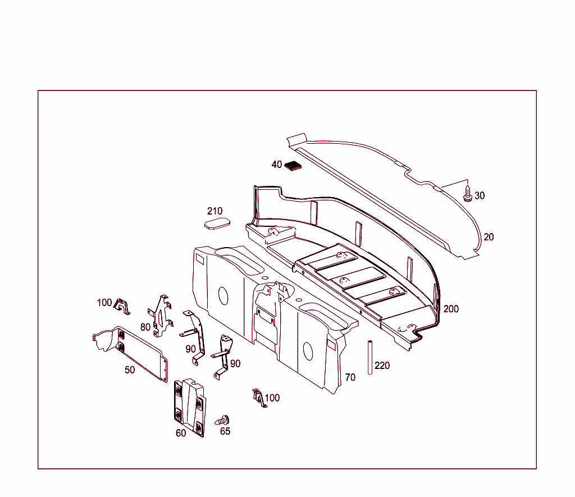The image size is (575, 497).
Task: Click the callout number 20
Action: point(489,237)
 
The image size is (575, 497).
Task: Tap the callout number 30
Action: point(479,196)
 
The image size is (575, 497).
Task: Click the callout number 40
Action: point(276,165)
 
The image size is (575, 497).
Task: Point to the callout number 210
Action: point(215,211)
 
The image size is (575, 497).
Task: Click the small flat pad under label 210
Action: point(217,224)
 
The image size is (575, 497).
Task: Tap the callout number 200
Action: point(451,309)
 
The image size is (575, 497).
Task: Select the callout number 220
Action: point(382,366)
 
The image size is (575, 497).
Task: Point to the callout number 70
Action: point(350,377)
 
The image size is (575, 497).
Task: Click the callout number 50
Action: point(130,370)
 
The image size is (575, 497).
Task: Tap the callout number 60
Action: point(181,433)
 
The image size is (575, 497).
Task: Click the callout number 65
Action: point(225,431)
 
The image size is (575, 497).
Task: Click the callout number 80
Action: point(145,327)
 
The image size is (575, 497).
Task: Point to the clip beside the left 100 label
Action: point(122,307)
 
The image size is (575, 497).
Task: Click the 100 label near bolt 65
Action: point(272,398)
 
